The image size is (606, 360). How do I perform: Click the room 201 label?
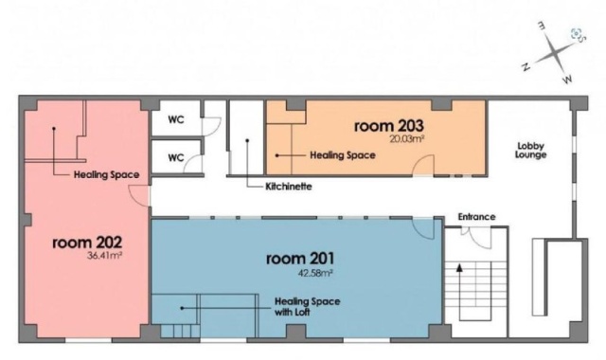[300, 259]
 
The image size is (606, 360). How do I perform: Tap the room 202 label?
[87, 243]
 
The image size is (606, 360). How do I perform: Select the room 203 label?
[389, 126]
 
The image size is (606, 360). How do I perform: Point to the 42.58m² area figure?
[315, 273]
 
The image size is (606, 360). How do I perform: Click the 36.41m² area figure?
[105, 255]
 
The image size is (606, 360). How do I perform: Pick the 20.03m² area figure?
[407, 139]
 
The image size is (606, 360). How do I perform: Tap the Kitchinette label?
[289, 187]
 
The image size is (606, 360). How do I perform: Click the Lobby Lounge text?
[530, 151]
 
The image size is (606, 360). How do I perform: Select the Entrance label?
[476, 217]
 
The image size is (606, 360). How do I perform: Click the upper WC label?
[176, 119]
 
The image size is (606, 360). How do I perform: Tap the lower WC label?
[176, 158]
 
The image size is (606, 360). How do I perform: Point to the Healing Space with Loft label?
[307, 306]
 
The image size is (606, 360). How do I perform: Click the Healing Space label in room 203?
[343, 155]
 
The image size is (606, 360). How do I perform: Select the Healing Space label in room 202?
[107, 174]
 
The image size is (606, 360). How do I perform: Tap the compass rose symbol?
[555, 52]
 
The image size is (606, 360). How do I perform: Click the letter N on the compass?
[526, 67]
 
